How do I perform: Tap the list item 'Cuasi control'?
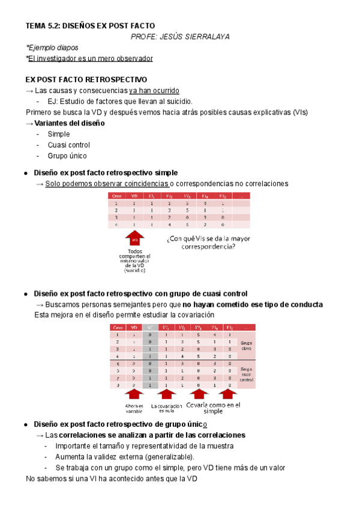click(68, 145)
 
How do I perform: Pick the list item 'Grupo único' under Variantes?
click(67, 156)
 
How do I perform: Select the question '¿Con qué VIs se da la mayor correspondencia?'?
click(208, 242)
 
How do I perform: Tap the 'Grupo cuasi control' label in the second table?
click(247, 375)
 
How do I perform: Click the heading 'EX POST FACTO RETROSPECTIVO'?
click(86, 80)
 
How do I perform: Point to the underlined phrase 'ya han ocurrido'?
click(154, 91)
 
